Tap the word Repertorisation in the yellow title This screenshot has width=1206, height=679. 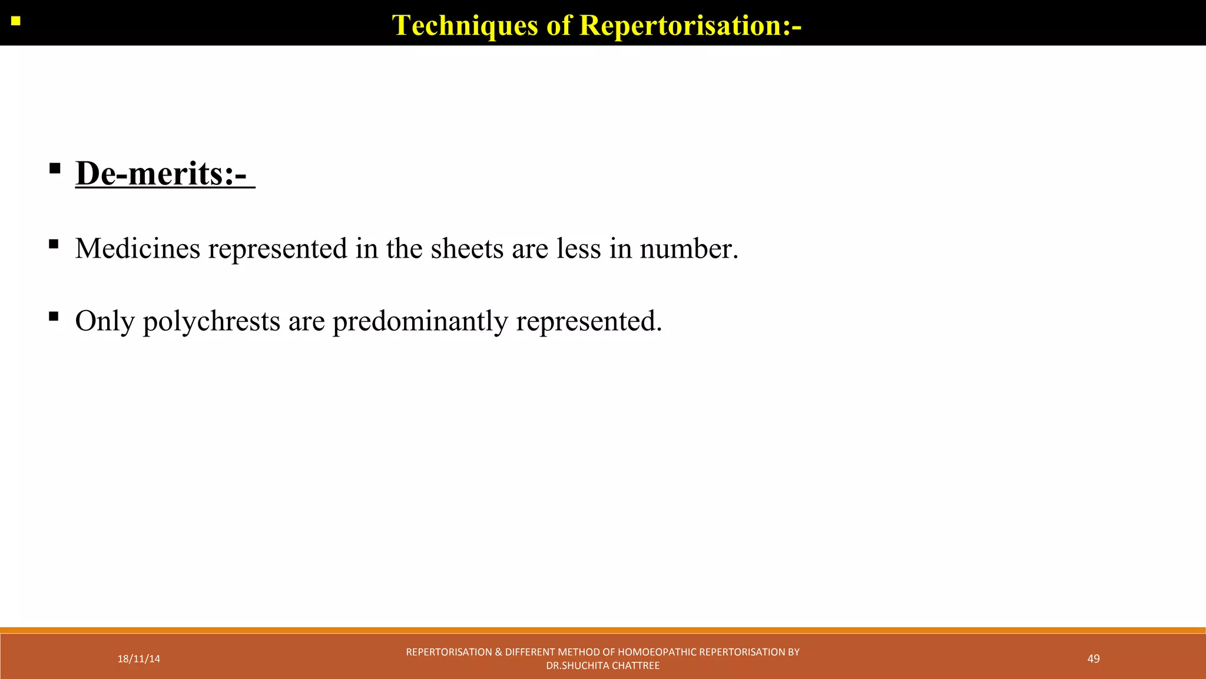tap(690, 25)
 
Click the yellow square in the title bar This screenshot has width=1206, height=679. tap(16, 21)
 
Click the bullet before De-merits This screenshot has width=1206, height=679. tap(55, 169)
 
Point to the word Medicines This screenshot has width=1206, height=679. tap(138, 248)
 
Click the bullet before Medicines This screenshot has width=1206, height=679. tap(54, 244)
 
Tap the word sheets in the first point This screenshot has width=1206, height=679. tap(467, 248)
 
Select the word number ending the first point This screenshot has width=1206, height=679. tap(688, 248)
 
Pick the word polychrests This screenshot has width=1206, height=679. tap(211, 321)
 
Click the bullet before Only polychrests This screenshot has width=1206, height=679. tap(54, 317)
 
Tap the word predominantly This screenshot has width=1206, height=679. tap(420, 321)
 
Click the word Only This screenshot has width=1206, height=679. tap(105, 321)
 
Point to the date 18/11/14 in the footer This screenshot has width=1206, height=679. tap(139, 659)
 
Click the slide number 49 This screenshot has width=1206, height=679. tap(1094, 659)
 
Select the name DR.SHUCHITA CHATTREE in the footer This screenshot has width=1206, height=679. tap(603, 666)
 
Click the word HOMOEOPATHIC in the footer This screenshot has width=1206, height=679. tap(657, 652)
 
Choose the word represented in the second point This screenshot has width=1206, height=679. tap(589, 321)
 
